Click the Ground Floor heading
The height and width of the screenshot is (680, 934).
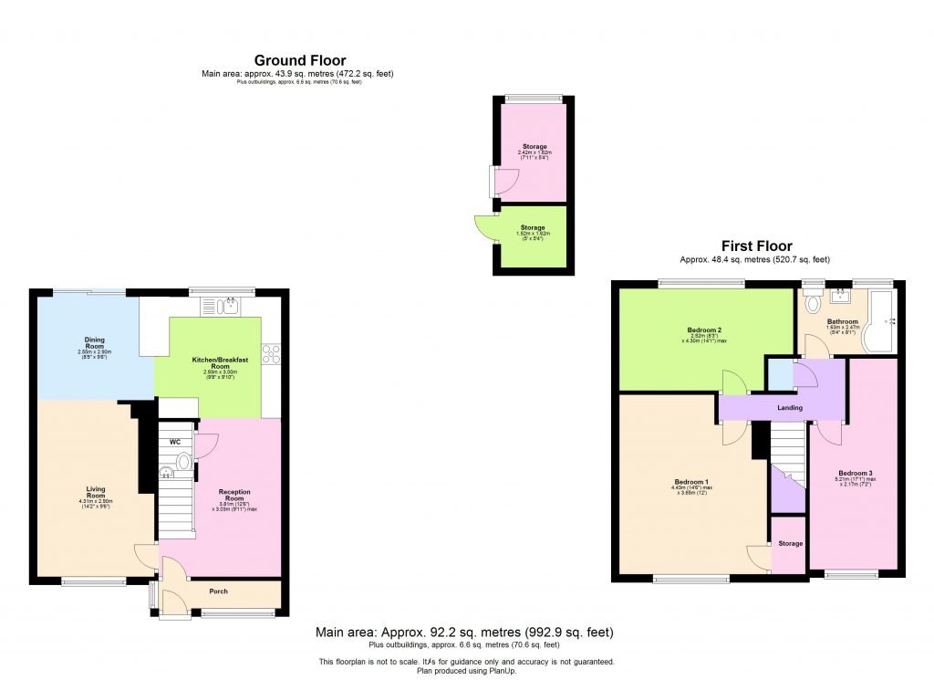click(300, 61)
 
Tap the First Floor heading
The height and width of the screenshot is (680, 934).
click(756, 246)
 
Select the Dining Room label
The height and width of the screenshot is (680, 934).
click(95, 343)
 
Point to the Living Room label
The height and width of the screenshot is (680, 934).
click(96, 493)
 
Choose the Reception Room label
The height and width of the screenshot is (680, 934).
click(234, 496)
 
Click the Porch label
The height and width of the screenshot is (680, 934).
click(219, 591)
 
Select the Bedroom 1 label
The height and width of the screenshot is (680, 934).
click(691, 482)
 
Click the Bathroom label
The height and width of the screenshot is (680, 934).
click(842, 321)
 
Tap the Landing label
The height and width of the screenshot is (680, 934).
click(789, 407)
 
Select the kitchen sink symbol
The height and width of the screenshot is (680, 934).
click(223, 306)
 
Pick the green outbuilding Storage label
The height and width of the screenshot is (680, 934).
click(534, 228)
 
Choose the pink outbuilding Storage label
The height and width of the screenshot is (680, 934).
click(534, 146)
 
